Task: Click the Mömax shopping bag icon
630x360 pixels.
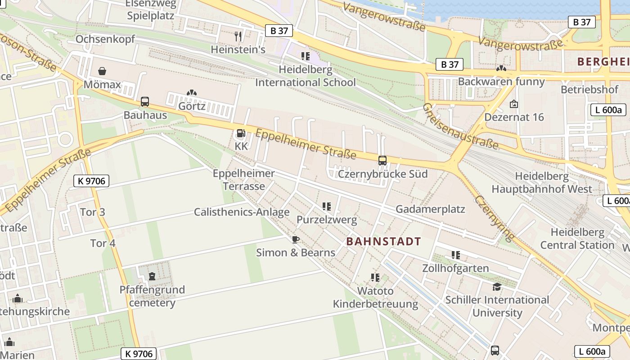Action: (102, 71)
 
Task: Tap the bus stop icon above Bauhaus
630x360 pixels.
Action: (144, 102)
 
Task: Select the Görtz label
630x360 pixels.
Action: (192, 106)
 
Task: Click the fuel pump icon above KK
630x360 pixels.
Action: (241, 133)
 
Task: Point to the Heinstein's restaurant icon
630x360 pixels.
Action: (238, 36)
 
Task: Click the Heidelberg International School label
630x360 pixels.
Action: (306, 76)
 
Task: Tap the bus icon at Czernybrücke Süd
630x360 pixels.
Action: (382, 160)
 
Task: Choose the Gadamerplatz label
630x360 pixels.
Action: (430, 209)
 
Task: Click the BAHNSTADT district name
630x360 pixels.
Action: (383, 241)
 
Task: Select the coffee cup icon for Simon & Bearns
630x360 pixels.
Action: (295, 239)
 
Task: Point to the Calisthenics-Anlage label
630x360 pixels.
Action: (242, 212)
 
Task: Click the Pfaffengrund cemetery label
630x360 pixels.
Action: (152, 296)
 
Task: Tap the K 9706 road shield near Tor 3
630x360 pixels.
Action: (91, 181)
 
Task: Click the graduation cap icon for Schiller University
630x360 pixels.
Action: (497, 287)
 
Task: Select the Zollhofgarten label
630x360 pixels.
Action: (455, 268)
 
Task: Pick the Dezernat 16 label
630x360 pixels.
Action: (514, 117)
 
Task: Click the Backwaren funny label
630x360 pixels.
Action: (501, 81)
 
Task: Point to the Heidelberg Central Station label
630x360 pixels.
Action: (577, 238)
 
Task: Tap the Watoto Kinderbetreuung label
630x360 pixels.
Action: (375, 297)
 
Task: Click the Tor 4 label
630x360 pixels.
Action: (103, 243)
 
